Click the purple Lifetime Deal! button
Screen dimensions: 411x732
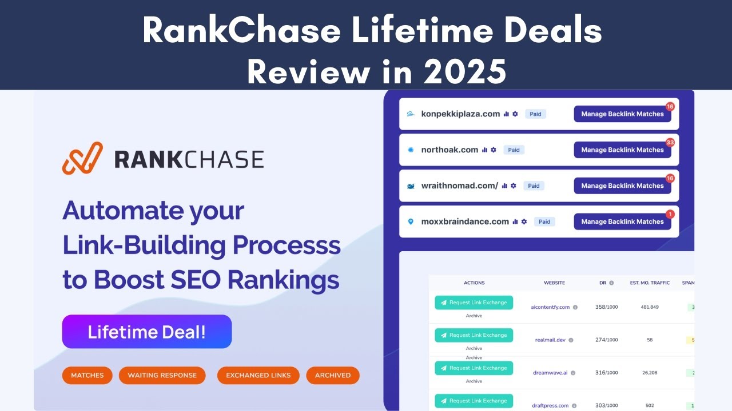(146, 332)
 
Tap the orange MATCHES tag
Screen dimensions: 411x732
(87, 375)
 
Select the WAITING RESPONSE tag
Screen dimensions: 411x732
(162, 375)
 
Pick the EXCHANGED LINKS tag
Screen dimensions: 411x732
(258, 375)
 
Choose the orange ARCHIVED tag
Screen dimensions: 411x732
(332, 375)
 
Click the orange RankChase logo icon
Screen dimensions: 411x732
(82, 158)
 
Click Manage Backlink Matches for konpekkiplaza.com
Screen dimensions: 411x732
(622, 114)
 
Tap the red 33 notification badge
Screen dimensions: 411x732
(670, 142)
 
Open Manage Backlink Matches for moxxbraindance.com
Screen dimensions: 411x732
(622, 221)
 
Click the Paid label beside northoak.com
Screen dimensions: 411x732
(514, 150)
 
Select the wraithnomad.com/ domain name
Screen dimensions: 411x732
(459, 186)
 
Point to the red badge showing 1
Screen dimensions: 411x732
(670, 214)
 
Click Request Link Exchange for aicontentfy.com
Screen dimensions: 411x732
(474, 303)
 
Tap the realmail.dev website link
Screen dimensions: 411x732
(550, 340)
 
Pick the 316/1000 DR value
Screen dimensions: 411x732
(606, 373)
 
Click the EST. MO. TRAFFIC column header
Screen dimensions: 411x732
(649, 283)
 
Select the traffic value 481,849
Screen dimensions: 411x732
(649, 307)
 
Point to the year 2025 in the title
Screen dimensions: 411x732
(457, 72)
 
